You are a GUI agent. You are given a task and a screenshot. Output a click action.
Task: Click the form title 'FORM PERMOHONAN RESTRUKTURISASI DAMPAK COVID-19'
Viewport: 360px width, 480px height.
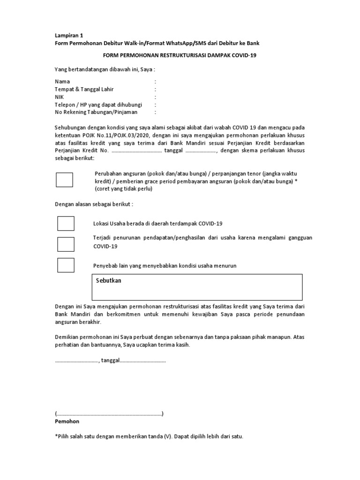(x=180, y=55)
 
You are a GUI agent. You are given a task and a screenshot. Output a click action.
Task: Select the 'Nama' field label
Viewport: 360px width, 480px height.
(x=62, y=82)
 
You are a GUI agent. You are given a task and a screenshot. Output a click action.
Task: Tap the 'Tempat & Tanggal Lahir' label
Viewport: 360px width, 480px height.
(x=84, y=89)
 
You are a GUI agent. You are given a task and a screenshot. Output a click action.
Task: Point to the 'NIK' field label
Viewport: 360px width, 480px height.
(x=60, y=97)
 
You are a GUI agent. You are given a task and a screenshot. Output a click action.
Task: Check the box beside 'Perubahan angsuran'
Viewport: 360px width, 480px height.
(x=65, y=180)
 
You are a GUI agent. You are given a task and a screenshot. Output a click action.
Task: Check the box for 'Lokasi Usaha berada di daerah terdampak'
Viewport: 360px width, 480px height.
(x=66, y=224)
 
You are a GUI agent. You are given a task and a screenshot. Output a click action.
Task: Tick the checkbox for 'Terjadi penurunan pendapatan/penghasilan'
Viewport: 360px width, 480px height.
(x=66, y=244)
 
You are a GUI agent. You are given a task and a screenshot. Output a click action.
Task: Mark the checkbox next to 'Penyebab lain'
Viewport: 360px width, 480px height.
(x=66, y=265)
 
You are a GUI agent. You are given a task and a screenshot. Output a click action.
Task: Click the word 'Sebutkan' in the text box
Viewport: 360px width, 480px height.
(x=109, y=280)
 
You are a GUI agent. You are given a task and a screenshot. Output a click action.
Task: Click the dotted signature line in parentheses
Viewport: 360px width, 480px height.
(x=109, y=414)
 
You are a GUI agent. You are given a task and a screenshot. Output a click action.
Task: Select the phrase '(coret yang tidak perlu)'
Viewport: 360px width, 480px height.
(x=124, y=189)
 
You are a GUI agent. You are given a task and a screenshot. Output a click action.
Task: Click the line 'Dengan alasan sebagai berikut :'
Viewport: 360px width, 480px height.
(x=94, y=204)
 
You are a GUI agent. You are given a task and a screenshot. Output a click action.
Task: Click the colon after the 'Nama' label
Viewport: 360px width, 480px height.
(x=155, y=82)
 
